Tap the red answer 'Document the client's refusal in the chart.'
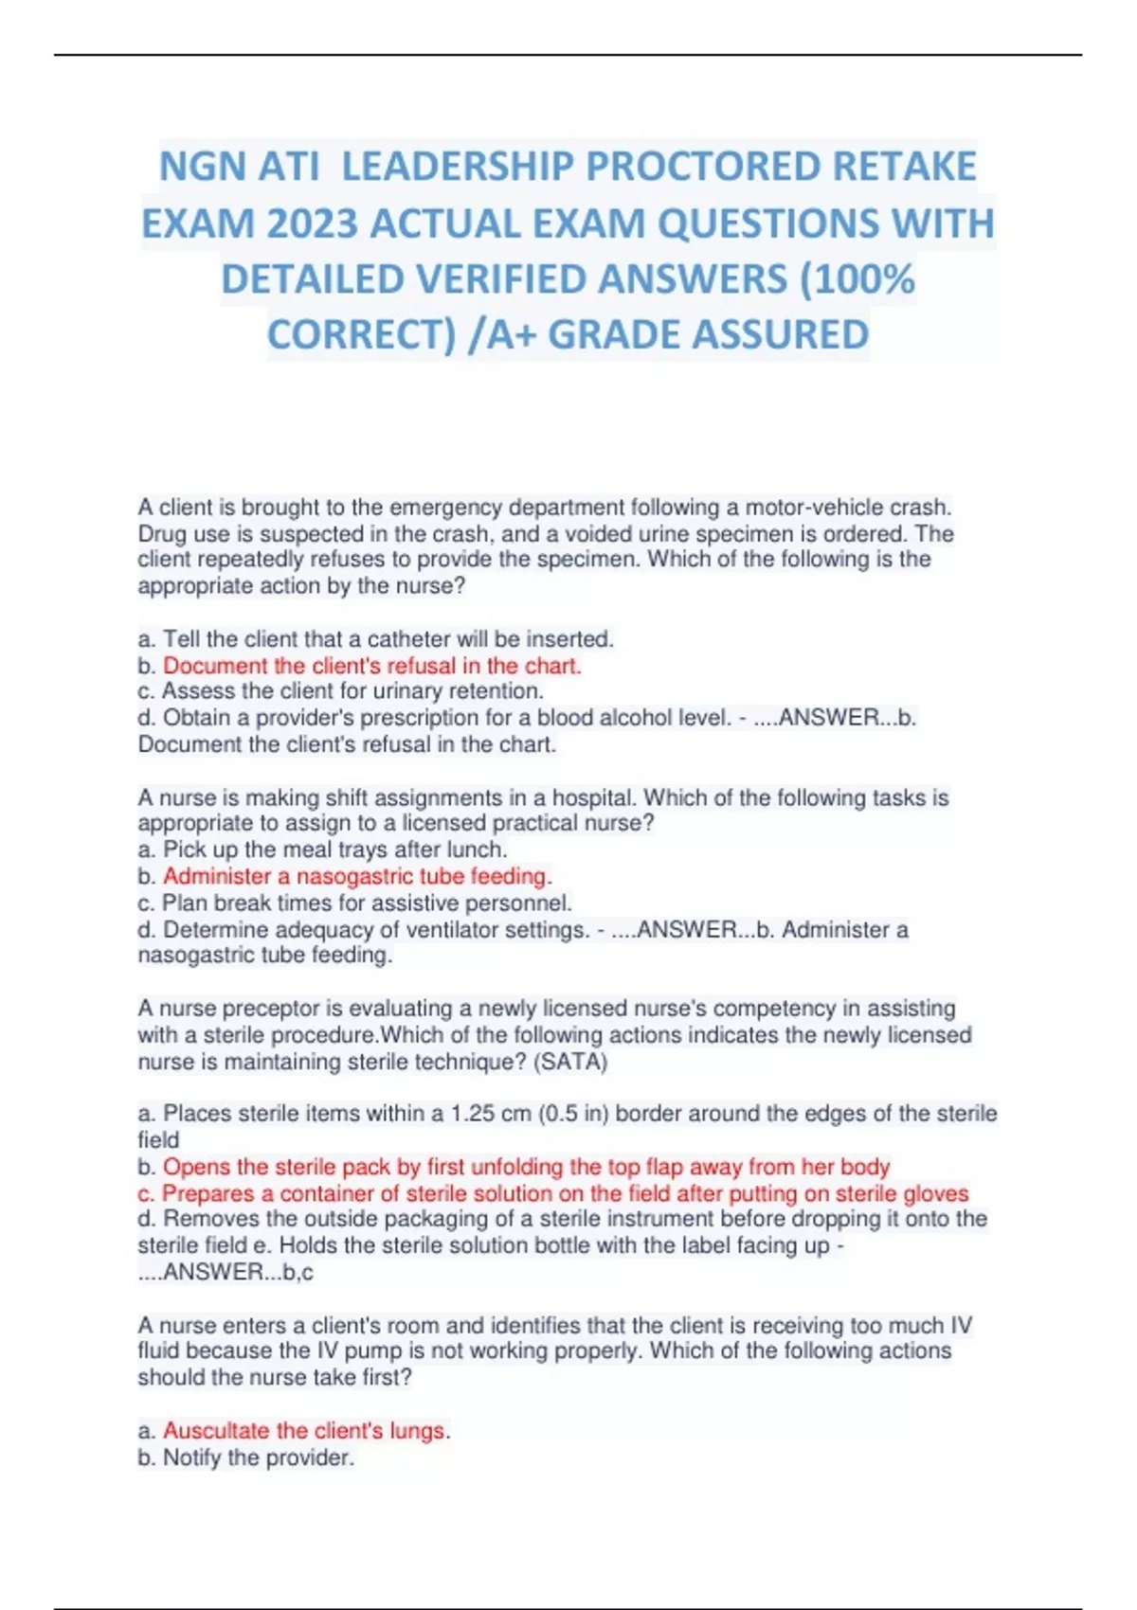point(371,665)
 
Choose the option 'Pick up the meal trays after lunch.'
point(334,850)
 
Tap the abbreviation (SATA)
point(570,1062)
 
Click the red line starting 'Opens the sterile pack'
point(526,1166)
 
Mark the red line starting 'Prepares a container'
point(565,1192)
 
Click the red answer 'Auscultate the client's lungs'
point(303,1430)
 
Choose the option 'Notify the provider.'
point(258,1457)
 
